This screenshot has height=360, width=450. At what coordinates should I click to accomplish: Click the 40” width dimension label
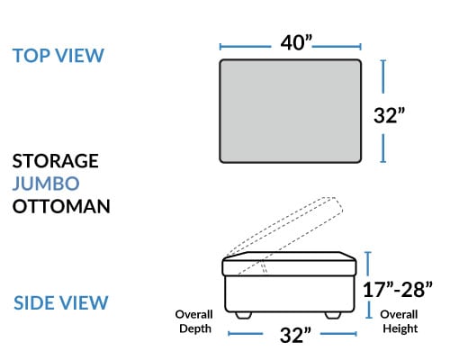coord(296,42)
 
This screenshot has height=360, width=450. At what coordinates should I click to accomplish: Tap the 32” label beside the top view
coord(389,115)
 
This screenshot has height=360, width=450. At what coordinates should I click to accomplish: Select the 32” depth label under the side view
coord(295,335)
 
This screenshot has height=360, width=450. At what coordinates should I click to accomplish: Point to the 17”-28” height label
coord(398,290)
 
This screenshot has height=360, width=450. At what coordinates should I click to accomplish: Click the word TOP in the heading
coord(31,56)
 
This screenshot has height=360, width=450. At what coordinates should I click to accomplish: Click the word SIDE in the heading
coord(31,302)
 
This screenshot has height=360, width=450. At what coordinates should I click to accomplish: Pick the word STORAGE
coord(56,161)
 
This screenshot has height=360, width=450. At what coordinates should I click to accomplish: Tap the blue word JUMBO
coord(46,184)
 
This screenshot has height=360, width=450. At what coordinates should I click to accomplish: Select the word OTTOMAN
coord(61,206)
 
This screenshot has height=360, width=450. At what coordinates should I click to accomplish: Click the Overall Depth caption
coord(194,321)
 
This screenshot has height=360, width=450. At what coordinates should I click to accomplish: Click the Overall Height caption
coord(400,321)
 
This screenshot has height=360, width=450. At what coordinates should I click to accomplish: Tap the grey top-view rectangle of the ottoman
coord(290,111)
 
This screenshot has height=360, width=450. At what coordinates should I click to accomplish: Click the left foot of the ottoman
coord(243,315)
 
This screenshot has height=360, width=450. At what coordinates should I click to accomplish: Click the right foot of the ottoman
coord(333,315)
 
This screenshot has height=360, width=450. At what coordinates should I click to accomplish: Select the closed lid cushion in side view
coord(289,264)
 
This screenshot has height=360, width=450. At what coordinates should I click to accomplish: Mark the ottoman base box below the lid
coord(290,294)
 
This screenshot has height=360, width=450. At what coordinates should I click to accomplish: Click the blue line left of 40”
coord(245,47)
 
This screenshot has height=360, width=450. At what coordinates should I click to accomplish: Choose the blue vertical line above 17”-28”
coord(368,264)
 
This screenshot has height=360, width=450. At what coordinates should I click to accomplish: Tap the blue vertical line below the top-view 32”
coord(383,148)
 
